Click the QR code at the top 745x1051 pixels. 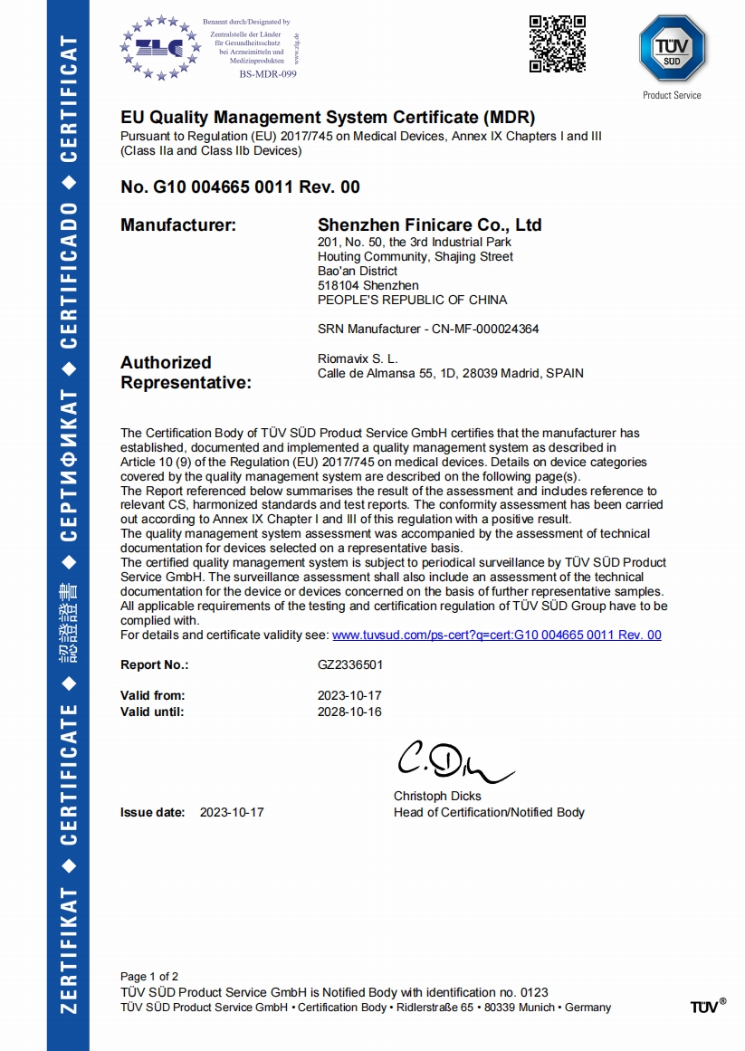(x=557, y=43)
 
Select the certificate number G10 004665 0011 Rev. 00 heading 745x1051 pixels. (x=240, y=187)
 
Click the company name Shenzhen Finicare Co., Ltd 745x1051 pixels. (x=430, y=225)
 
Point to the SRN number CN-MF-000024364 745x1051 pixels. (x=480, y=329)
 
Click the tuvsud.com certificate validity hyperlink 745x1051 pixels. (x=497, y=635)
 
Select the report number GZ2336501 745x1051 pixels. (x=350, y=664)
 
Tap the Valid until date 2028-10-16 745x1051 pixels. (x=350, y=712)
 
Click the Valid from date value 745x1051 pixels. (x=350, y=695)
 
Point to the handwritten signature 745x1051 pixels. (x=453, y=763)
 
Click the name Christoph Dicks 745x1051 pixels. (x=437, y=797)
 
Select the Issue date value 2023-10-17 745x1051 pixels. (x=232, y=812)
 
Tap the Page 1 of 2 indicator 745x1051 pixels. (x=149, y=976)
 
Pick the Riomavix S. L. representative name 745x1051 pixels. (x=358, y=358)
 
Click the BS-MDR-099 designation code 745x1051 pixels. (x=268, y=74)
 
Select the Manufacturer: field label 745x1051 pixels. (x=178, y=225)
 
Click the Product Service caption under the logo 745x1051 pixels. (x=672, y=95)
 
